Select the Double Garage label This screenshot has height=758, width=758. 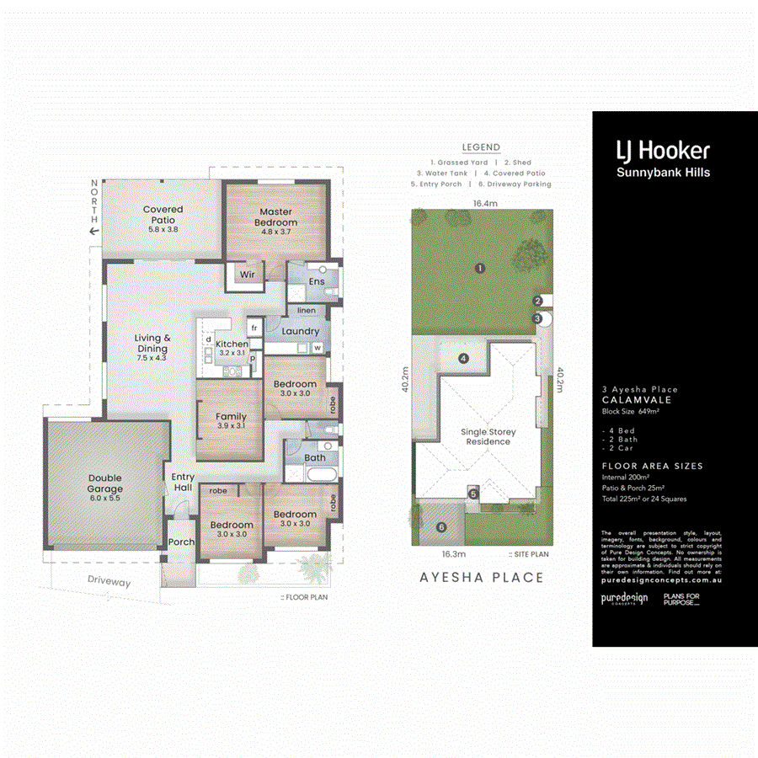point(104,483)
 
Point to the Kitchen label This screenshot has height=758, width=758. point(232,344)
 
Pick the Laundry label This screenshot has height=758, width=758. point(300,332)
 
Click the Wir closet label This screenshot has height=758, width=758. point(248,275)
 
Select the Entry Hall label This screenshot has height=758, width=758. point(183,483)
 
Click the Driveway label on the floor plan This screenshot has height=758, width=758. point(109,582)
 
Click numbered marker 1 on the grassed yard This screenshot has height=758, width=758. point(479,269)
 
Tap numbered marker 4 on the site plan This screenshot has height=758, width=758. point(462,358)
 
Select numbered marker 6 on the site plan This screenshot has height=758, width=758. point(440,527)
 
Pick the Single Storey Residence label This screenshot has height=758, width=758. point(488,437)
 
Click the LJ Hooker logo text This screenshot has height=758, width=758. point(661,151)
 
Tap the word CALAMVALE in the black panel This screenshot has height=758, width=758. point(632,400)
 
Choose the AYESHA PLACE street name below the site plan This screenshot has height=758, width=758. point(482,578)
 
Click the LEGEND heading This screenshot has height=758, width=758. point(481,147)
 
